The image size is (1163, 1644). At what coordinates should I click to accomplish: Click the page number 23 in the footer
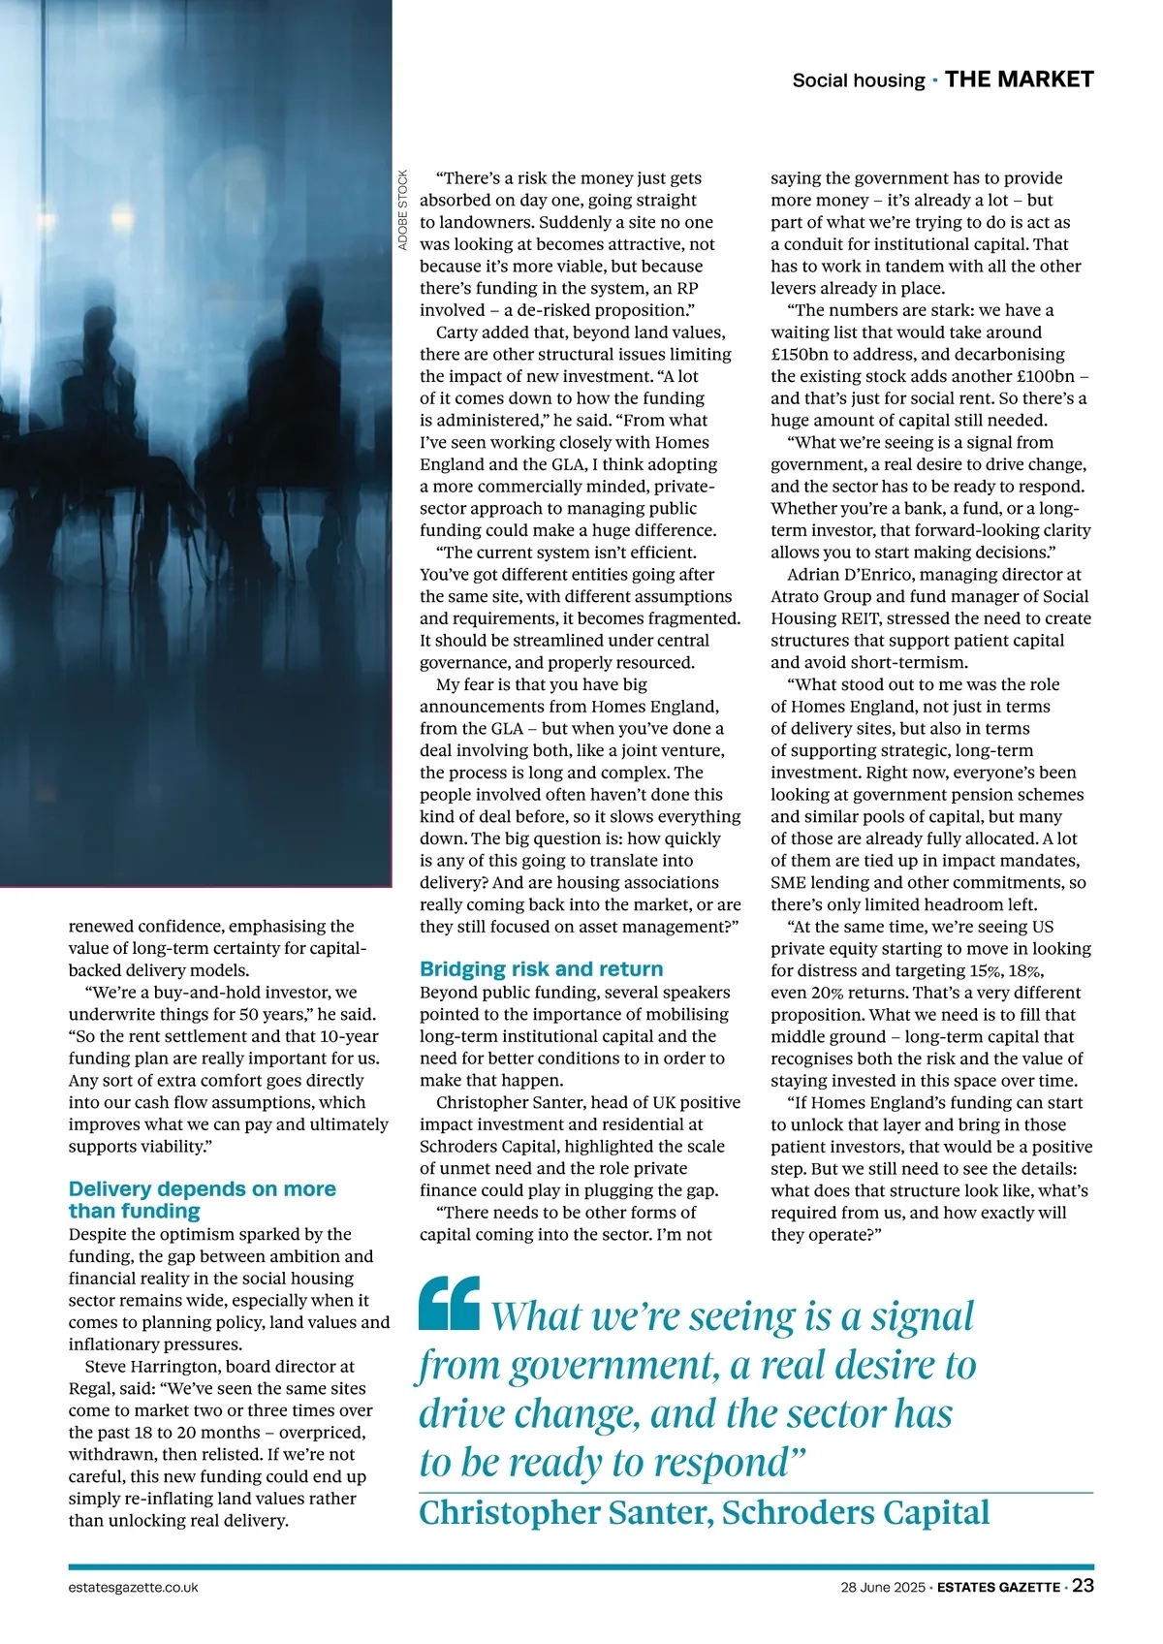1083,1587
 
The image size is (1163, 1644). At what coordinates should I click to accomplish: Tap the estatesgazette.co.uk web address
134,1588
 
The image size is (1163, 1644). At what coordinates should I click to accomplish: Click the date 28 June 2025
883,1588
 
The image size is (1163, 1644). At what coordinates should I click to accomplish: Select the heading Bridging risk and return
541,968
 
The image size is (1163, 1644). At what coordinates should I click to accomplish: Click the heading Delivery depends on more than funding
202,1199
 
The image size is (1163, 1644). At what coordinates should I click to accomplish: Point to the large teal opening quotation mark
449,1303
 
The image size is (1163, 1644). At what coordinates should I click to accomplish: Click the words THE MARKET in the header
1019,79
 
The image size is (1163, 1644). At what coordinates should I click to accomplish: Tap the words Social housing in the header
858,80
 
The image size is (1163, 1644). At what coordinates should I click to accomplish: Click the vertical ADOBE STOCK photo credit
403,211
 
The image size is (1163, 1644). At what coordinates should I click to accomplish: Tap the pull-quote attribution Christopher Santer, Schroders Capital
704,1512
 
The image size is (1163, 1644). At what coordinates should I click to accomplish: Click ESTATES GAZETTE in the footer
998,1588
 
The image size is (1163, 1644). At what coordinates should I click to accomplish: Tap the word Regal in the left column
92,1388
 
